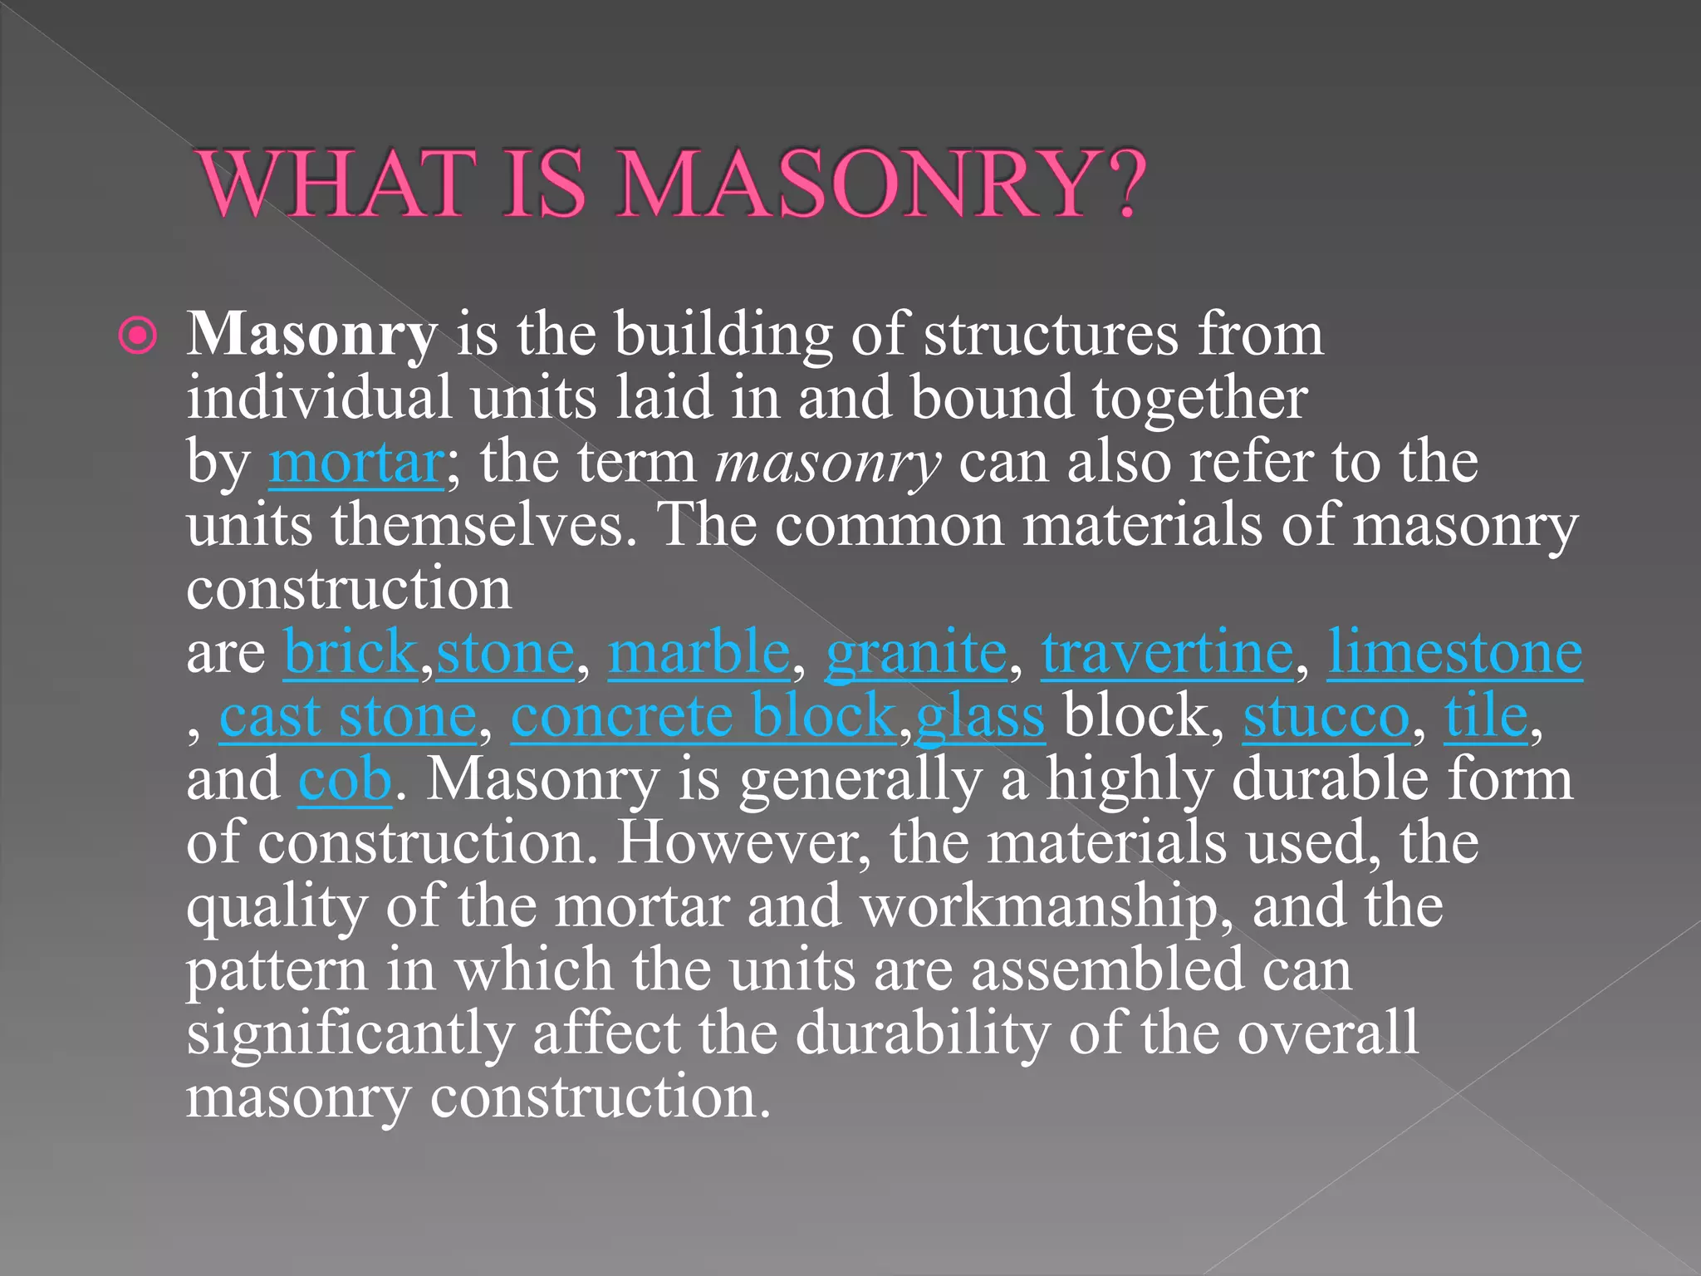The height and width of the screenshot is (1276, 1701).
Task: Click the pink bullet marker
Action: [137, 336]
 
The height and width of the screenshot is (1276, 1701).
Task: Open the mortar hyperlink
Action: [356, 463]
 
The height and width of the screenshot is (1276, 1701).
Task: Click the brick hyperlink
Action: [350, 653]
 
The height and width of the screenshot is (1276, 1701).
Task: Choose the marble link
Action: [699, 653]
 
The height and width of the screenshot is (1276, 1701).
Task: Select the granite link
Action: [916, 653]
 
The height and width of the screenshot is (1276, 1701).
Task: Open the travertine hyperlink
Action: [1167, 653]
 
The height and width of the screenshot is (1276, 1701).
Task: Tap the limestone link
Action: [1454, 653]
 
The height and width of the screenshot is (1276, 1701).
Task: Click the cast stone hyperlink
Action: [348, 716]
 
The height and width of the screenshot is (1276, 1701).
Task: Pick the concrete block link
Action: [703, 716]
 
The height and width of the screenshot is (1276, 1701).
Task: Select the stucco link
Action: [1326, 716]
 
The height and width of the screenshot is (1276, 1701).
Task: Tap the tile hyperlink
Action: [1486, 716]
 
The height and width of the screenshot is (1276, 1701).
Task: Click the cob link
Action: [345, 780]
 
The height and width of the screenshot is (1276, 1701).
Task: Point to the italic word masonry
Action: [828, 464]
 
